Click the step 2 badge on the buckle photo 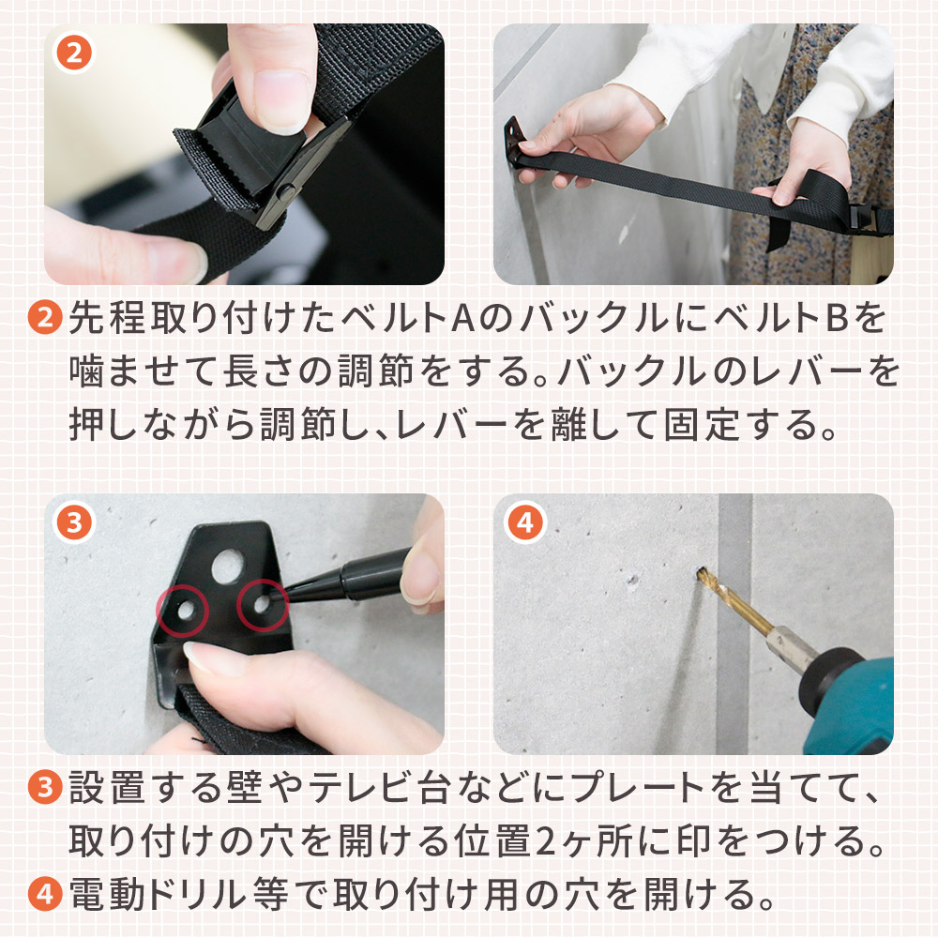[x=74, y=53]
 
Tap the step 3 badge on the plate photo [x=74, y=522]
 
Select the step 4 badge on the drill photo [x=524, y=522]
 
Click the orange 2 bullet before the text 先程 [x=45, y=318]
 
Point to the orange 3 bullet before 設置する [x=45, y=787]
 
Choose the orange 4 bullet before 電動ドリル [x=45, y=894]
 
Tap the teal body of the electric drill [x=855, y=706]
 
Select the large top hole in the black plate [x=227, y=567]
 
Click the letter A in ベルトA [x=463, y=318]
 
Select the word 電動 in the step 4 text [x=107, y=895]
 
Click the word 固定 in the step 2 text [x=702, y=424]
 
